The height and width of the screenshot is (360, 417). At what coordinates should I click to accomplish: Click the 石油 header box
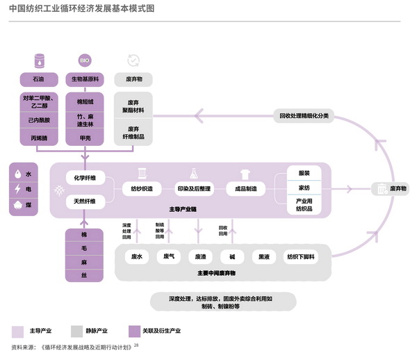click(x=39, y=79)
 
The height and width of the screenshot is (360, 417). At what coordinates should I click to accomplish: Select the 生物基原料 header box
click(x=85, y=79)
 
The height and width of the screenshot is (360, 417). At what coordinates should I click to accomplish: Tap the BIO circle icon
click(x=85, y=60)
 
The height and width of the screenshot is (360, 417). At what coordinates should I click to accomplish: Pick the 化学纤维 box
click(x=85, y=179)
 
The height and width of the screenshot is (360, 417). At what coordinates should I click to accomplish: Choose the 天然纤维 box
click(x=85, y=202)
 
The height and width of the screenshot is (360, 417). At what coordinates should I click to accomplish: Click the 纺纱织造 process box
click(x=142, y=188)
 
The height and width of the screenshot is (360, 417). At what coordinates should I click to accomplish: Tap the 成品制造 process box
click(x=246, y=188)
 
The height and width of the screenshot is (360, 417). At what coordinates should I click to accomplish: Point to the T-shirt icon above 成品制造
click(x=245, y=172)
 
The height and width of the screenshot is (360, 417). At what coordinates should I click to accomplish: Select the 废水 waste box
click(x=136, y=256)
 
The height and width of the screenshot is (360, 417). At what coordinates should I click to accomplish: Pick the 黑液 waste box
click(x=264, y=256)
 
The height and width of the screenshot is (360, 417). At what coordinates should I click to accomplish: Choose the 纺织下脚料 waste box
click(x=301, y=256)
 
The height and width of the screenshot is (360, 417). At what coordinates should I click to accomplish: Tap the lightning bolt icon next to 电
click(x=17, y=188)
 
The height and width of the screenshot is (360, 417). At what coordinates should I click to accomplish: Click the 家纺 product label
click(x=304, y=188)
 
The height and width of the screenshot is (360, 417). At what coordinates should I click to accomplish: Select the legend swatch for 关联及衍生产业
click(x=135, y=330)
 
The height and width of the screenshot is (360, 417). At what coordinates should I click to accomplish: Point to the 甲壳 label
click(x=85, y=138)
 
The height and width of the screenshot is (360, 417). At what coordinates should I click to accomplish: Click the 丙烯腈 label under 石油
click(x=39, y=138)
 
